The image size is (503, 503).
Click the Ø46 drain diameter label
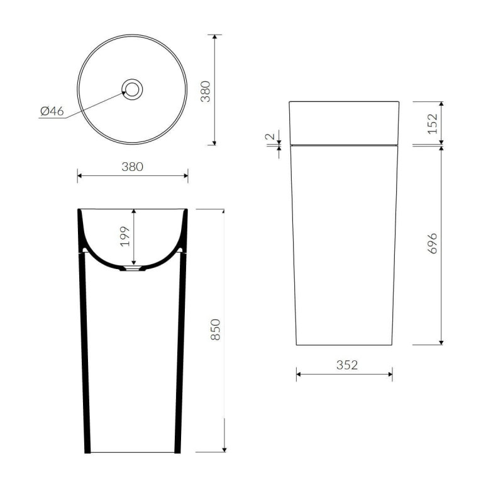pos(52,111)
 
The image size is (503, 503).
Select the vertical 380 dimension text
pos(206,91)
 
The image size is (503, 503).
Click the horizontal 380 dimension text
pos(132,167)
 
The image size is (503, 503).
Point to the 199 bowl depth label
pos(124,236)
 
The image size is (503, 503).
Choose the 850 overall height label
pos(216,329)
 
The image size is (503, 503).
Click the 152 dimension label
pos(433,124)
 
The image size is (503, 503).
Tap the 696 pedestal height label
pos(433,243)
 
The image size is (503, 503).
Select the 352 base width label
pos(347,365)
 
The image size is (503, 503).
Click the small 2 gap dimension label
pos(270,136)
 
